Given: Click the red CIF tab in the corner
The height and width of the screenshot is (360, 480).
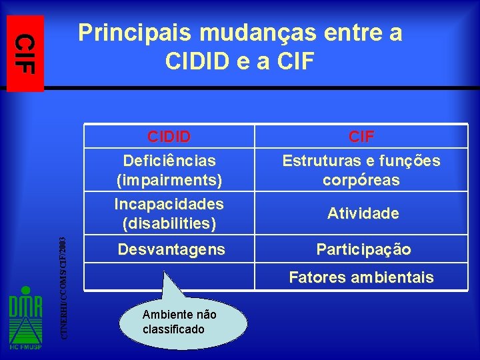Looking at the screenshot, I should point(25,53).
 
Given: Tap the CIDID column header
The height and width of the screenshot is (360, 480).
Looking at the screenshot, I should point(169,137).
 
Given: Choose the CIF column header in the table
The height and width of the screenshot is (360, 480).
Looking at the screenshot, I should point(361,137).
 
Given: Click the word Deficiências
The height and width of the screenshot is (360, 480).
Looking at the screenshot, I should point(169,161).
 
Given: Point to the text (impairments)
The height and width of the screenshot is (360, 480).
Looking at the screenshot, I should point(169,180).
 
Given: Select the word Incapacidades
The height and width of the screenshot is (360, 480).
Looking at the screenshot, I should point(169,203).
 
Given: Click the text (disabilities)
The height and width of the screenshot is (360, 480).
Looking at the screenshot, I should point(169,223).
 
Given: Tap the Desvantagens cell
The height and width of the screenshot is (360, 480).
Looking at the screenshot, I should point(171,249).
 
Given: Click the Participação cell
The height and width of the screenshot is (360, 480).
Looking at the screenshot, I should point(363,249).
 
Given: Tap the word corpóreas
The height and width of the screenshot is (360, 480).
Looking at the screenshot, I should point(361,180).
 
